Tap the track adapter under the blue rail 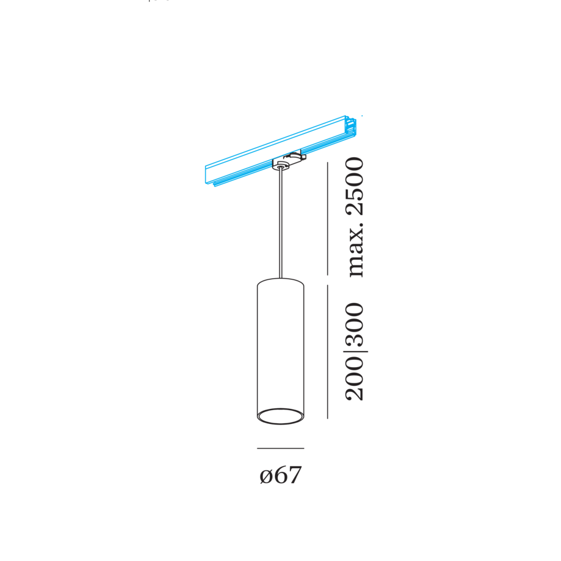287,163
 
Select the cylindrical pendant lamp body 280,349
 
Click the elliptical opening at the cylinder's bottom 280,416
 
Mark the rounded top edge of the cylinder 280,281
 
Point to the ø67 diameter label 280,476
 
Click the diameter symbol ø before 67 266,477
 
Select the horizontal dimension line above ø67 280,448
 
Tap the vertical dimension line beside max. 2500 328,218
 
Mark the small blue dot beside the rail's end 362,116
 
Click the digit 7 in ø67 295,476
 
